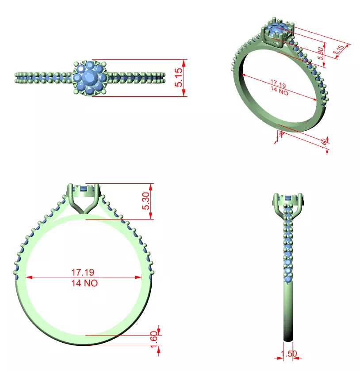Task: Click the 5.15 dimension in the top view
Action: (x=179, y=78)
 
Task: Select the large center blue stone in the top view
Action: (x=90, y=78)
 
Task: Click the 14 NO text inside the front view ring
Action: (x=84, y=283)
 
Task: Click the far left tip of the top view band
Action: (x=16, y=78)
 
